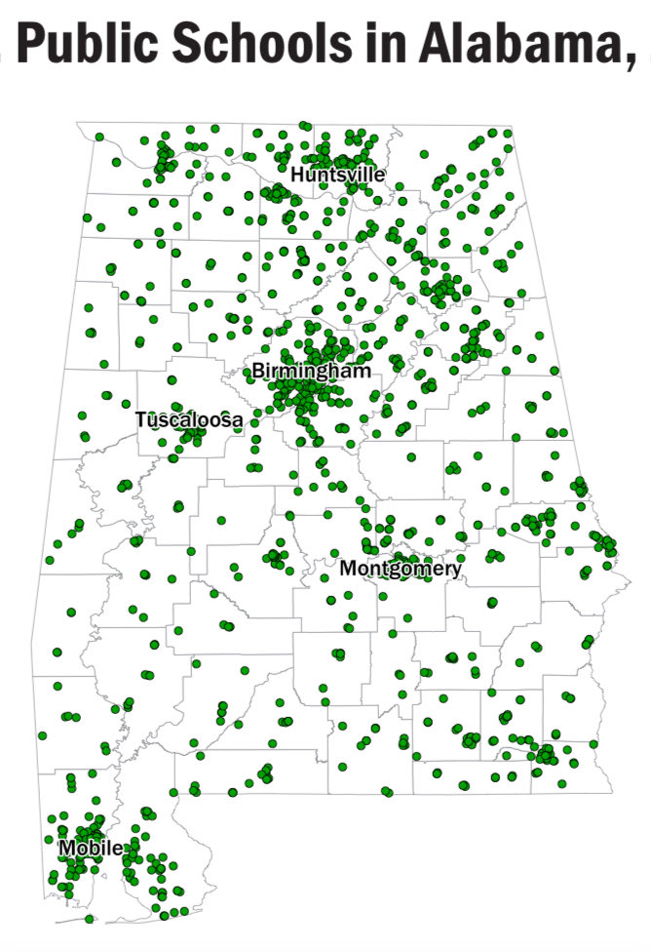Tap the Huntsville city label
(337, 175)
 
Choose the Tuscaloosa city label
(189, 419)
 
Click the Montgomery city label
(401, 569)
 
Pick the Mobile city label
(90, 848)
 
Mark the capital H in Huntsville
(297, 175)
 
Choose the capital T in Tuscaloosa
(141, 419)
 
